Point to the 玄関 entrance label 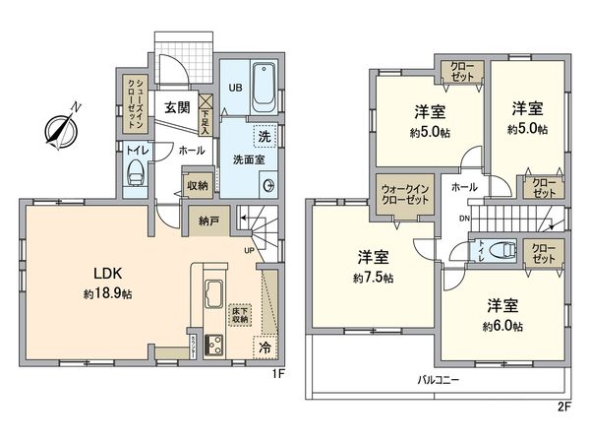tap(177, 108)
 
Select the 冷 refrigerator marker tap(264, 346)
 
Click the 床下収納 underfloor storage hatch tap(238, 315)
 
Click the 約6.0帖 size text tap(502, 326)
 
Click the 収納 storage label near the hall tap(197, 185)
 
